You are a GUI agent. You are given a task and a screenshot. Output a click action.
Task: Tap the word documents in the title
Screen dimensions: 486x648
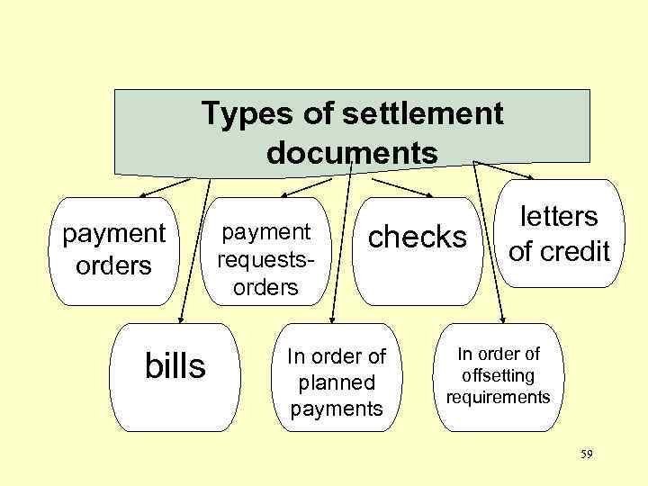coord(352,152)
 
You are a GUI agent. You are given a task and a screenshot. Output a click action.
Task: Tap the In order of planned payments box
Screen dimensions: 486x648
coord(336,381)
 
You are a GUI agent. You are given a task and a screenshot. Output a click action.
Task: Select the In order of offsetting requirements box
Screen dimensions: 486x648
coord(498,373)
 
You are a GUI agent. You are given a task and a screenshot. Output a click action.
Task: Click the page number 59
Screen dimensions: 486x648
coord(586,456)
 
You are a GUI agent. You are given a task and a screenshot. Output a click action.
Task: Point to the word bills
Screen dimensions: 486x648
coord(175,366)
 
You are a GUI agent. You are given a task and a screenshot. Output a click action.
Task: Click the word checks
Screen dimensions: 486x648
coord(418,237)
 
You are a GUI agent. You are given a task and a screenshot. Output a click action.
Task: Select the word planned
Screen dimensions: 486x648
coord(336,382)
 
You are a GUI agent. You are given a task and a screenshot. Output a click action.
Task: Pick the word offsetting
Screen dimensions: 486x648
coord(498,375)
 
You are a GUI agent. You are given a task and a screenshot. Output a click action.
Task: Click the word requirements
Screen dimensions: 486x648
coord(498,396)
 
